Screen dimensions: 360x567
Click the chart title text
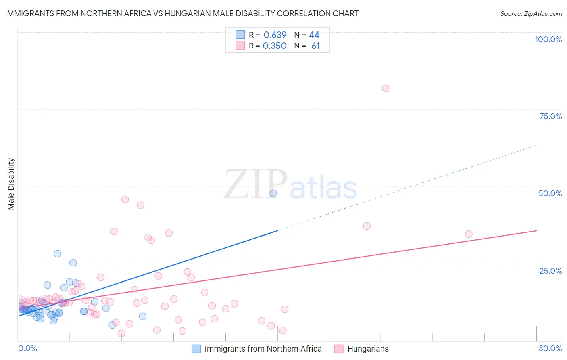click(x=181, y=13)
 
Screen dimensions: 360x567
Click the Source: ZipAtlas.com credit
click(x=531, y=13)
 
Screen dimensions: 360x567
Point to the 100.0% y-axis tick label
click(x=548, y=39)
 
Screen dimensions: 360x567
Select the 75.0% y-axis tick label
click(x=550, y=116)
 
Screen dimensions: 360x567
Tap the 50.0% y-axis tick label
click(x=550, y=193)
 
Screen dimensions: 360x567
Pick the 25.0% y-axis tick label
click(x=550, y=270)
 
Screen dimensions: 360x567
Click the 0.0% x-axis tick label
click(x=27, y=348)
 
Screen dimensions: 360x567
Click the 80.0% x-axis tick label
click(x=550, y=348)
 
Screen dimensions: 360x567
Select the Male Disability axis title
click(x=11, y=184)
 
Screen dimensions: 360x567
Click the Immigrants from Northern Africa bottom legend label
click(x=263, y=349)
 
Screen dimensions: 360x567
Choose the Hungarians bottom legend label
click(x=368, y=349)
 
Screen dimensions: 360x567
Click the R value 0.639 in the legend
click(x=275, y=35)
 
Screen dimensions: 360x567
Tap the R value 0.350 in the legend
click(x=274, y=46)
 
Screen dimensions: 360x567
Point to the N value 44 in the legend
click(x=314, y=35)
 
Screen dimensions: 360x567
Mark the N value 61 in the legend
click(x=315, y=46)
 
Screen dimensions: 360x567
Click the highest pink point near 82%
click(x=386, y=88)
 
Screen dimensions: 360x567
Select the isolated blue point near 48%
click(x=273, y=193)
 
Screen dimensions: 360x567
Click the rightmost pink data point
click(x=469, y=234)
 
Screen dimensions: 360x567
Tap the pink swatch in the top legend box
click(x=240, y=46)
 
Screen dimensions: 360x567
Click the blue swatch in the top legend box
click(x=240, y=35)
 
